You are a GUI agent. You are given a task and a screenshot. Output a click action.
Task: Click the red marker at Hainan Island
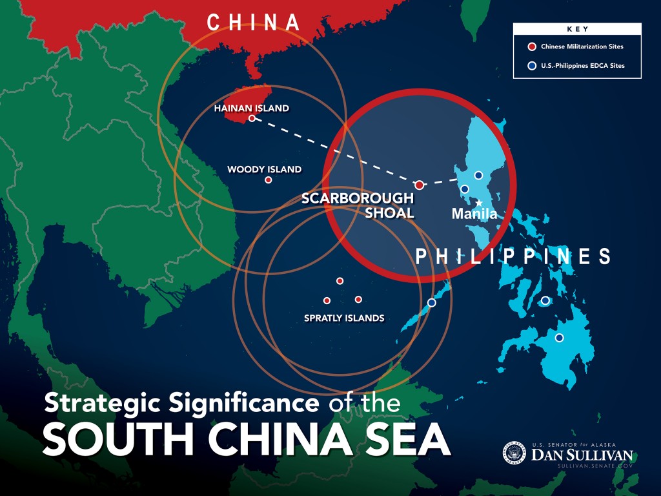(252, 119)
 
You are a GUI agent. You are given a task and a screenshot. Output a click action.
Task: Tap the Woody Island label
(264, 170)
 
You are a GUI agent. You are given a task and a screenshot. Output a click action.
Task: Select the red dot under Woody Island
(269, 180)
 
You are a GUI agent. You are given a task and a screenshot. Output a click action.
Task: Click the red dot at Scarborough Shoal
(419, 185)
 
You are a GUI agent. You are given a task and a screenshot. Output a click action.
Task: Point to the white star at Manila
(479, 203)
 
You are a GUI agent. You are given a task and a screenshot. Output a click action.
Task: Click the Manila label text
(474, 214)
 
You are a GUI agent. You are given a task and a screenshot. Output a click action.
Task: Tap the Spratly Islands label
(344, 318)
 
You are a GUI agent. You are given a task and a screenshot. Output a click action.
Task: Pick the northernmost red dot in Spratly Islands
(340, 281)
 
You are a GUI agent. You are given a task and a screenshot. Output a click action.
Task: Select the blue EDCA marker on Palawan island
(432, 302)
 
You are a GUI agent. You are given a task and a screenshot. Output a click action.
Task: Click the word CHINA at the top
(253, 23)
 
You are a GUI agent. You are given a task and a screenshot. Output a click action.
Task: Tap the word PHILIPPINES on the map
(513, 256)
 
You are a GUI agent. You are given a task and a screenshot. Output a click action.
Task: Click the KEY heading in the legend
(577, 30)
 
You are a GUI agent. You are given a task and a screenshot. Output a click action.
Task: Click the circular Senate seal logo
(514, 453)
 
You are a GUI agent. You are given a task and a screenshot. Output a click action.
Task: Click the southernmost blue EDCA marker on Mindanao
(559, 338)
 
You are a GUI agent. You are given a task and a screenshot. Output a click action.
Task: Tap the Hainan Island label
(251, 108)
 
